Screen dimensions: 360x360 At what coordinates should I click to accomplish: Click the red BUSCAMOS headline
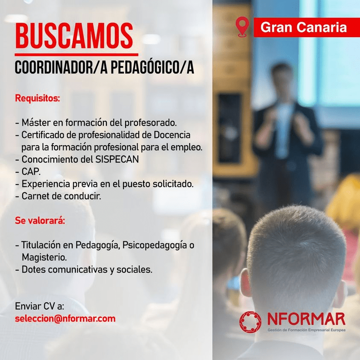[x=74, y=35]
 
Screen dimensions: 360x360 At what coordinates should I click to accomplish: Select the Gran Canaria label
[x=304, y=27]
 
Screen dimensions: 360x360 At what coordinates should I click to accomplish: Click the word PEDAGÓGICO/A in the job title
[x=152, y=67]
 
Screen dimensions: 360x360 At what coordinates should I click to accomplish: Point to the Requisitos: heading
[x=38, y=98]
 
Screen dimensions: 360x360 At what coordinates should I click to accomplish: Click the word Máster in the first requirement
[x=36, y=123]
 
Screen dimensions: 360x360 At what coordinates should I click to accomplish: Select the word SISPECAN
[x=117, y=159]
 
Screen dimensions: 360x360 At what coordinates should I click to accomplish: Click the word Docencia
[x=172, y=135]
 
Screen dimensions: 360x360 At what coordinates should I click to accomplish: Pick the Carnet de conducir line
[x=58, y=196]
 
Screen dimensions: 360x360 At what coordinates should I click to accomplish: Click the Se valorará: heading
[x=40, y=220]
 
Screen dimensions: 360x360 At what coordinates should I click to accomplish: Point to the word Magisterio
[x=44, y=258]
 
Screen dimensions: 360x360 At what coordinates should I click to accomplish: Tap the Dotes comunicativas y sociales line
[x=84, y=270]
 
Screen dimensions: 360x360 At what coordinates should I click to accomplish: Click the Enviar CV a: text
[x=39, y=306]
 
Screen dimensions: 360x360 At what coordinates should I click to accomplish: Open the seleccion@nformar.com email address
[x=65, y=319]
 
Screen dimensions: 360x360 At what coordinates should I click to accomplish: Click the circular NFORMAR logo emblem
[x=250, y=322]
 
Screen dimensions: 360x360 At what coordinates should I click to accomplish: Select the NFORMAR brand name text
[x=307, y=319]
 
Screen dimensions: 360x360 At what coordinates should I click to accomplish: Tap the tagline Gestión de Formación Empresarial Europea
[x=307, y=330]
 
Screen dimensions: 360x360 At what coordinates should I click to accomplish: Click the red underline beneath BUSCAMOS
[x=76, y=55]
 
